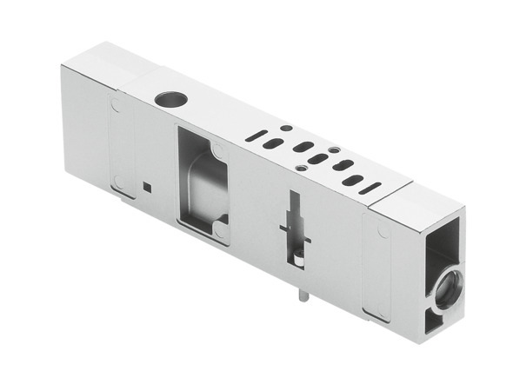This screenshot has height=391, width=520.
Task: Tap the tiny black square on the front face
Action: click(148, 185)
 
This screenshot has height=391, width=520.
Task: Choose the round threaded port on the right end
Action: click(447, 288)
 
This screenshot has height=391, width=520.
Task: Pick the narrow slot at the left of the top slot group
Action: click(254, 136)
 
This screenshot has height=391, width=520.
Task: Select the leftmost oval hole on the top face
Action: click(273, 144)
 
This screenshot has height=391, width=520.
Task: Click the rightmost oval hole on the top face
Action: click(352, 181)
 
